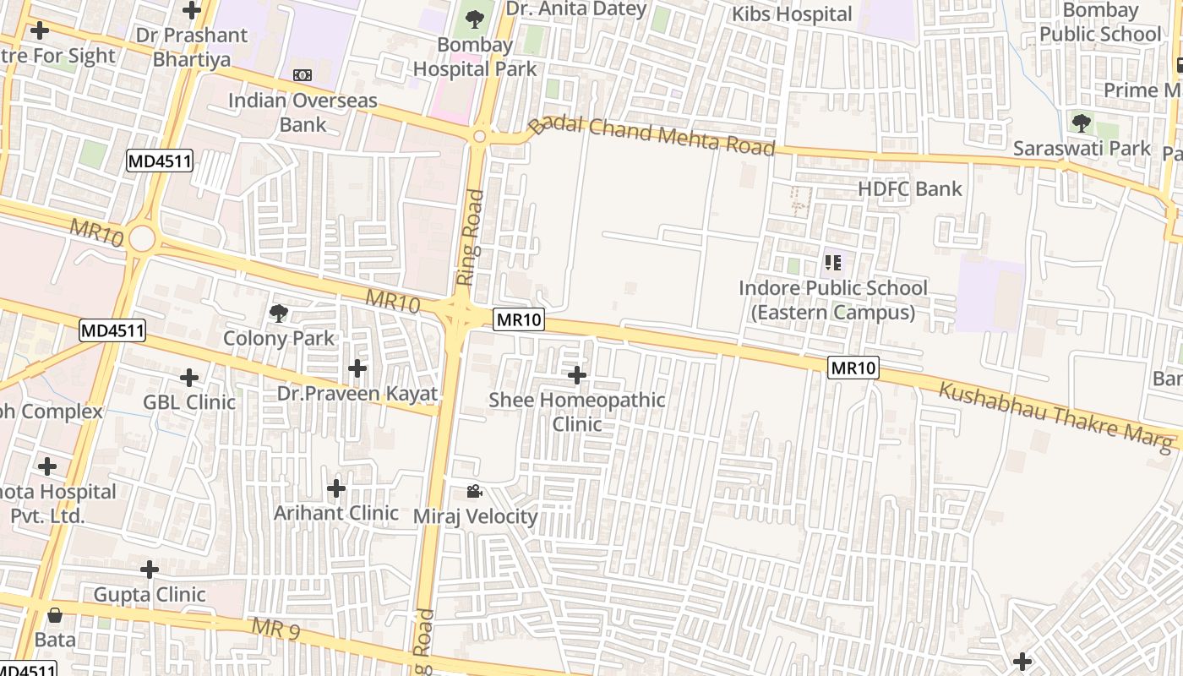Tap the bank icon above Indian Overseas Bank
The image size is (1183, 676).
tap(303, 75)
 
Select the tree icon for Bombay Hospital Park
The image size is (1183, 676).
tap(475, 19)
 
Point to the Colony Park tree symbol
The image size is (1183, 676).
tap(279, 314)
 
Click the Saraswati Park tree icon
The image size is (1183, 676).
tap(1081, 123)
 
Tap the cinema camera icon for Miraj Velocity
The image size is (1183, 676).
tap(475, 491)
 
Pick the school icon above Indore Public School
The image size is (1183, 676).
tap(833, 263)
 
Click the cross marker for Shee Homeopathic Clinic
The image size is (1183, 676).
tap(577, 374)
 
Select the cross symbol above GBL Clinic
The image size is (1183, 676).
tap(189, 377)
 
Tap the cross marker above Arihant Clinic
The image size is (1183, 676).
tap(336, 488)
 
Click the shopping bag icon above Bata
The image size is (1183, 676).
tap(56, 615)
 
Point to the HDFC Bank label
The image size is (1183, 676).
tap(910, 188)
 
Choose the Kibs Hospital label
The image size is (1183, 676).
tap(792, 14)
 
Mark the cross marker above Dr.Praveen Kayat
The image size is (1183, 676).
tap(357, 368)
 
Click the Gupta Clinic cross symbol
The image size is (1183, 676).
tap(150, 570)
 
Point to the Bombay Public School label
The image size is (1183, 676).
tap(1100, 22)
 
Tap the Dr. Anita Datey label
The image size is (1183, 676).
tap(575, 9)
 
